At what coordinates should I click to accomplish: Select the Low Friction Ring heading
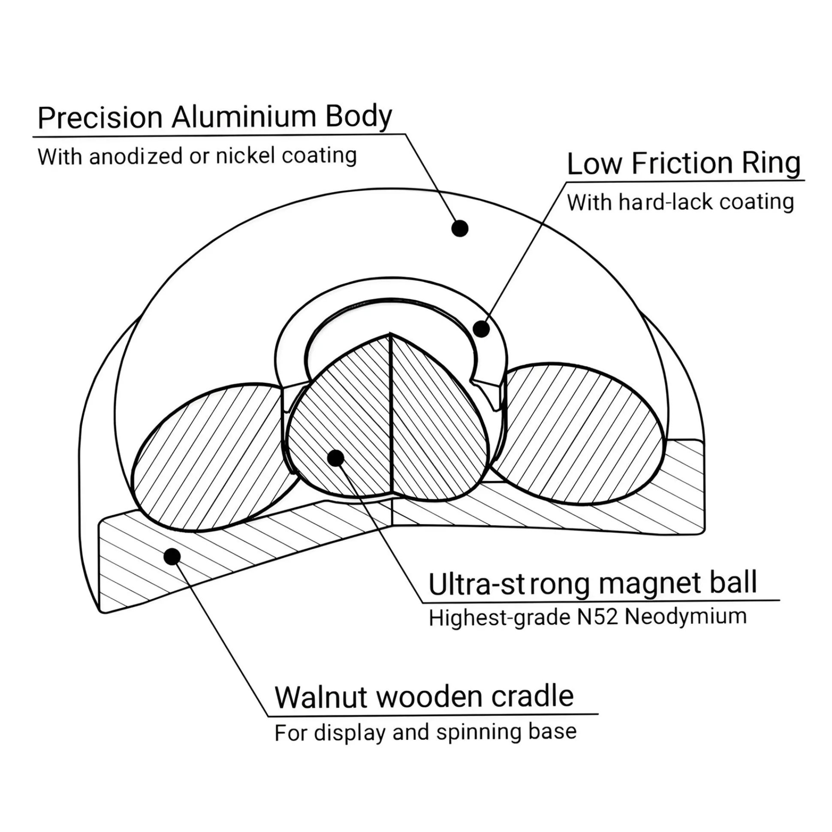pyautogui.click(x=684, y=164)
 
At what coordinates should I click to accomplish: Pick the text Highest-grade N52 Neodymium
pyautogui.click(x=588, y=617)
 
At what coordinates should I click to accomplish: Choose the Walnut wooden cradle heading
pyautogui.click(x=424, y=696)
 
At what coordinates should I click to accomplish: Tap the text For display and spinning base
pyautogui.click(x=425, y=732)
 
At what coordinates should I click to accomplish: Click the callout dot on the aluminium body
pyautogui.click(x=460, y=228)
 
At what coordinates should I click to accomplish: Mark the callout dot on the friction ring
pyautogui.click(x=481, y=329)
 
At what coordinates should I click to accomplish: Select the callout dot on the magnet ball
pyautogui.click(x=335, y=458)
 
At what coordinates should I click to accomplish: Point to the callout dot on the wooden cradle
pyautogui.click(x=172, y=556)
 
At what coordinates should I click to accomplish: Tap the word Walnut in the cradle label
pyautogui.click(x=321, y=696)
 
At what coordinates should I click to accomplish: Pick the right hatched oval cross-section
pyautogui.click(x=577, y=435)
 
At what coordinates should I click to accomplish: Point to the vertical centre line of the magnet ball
pyautogui.click(x=391, y=413)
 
